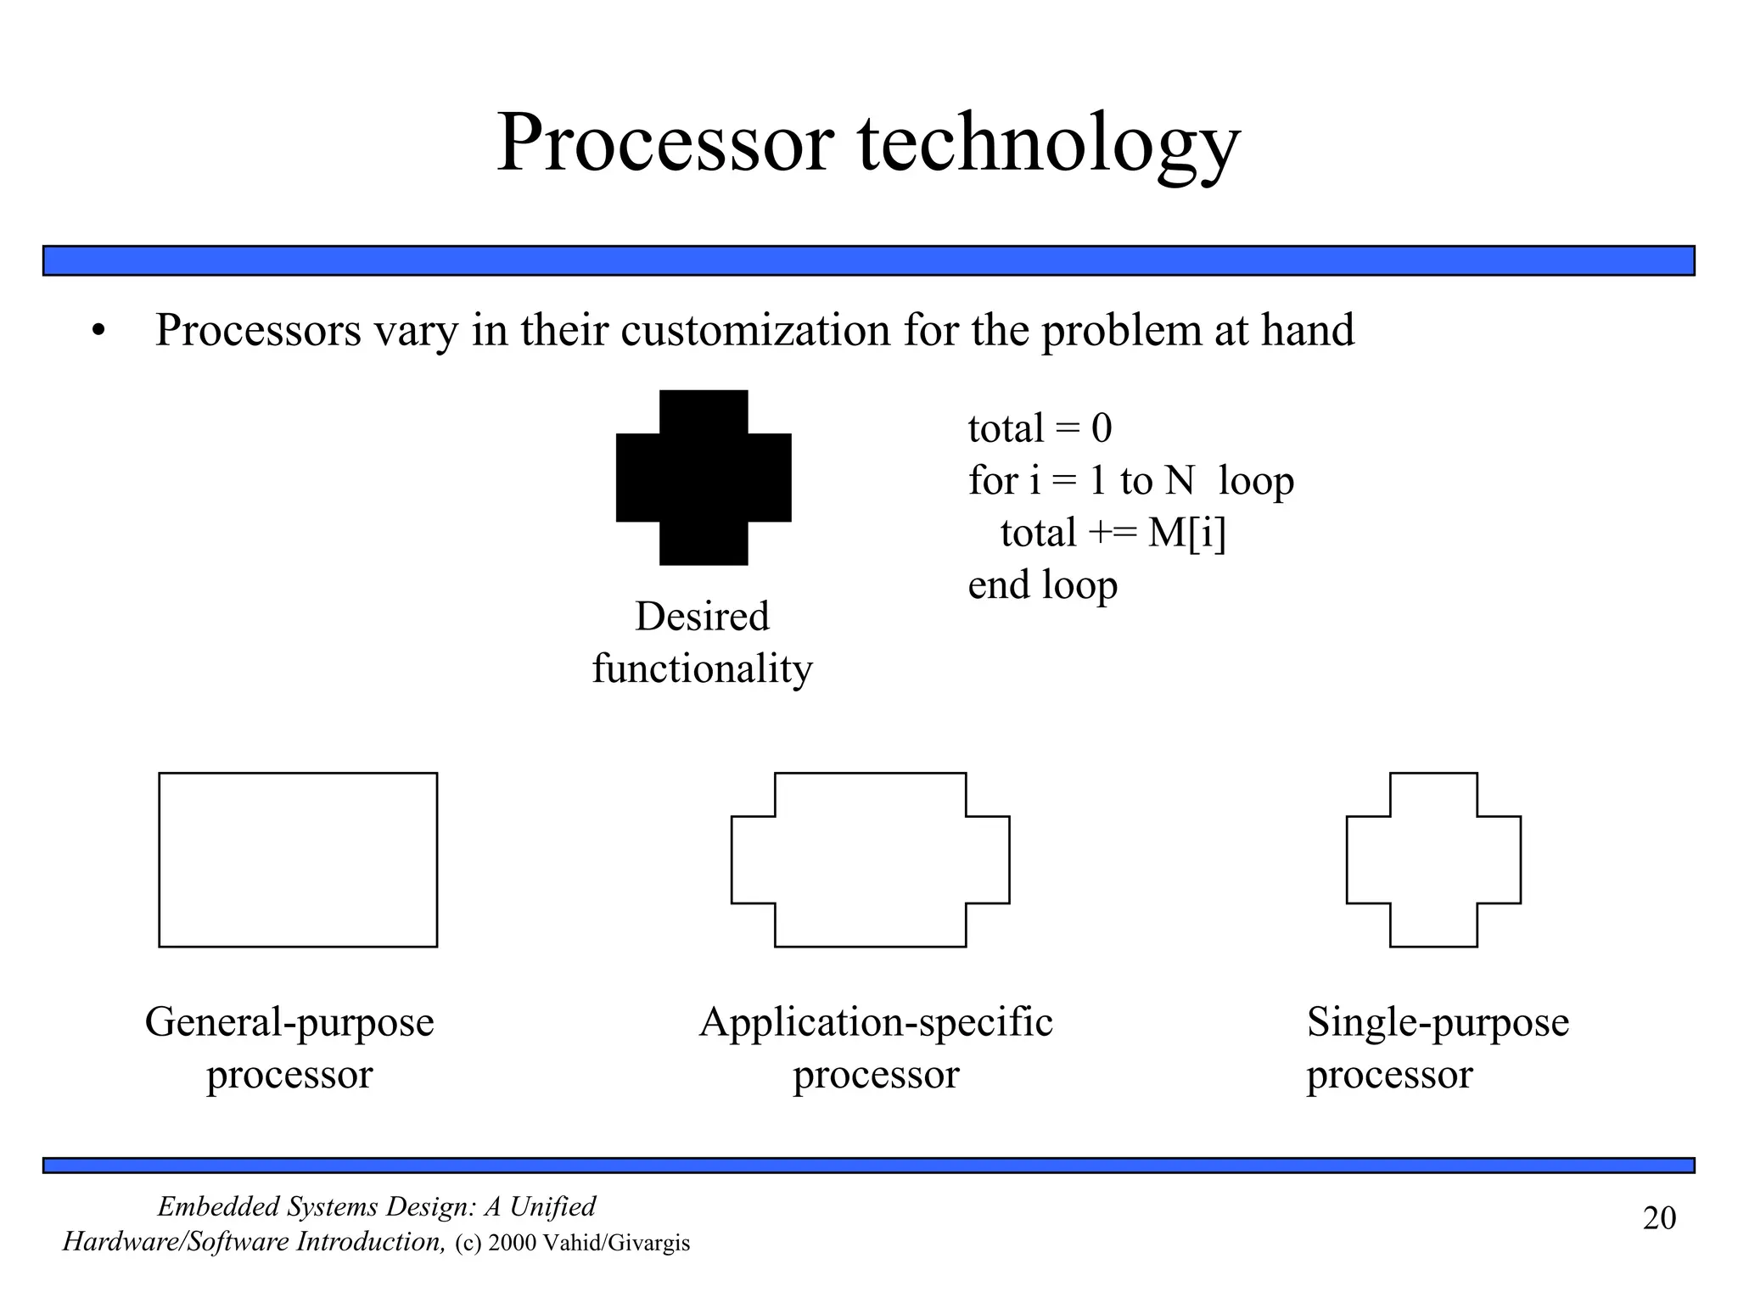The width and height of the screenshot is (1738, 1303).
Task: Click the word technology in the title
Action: (1049, 146)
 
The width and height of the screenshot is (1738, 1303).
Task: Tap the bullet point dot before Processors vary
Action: (99, 333)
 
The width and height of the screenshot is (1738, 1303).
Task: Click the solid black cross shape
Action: (704, 478)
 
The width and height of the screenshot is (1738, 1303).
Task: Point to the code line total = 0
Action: (1040, 428)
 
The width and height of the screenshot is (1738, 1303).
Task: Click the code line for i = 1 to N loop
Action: (1130, 481)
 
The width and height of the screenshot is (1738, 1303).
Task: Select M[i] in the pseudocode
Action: (1186, 534)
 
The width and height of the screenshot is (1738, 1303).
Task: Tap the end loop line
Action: (1042, 585)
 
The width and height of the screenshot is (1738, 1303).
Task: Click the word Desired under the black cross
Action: (702, 616)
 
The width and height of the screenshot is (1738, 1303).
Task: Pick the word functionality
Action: (702, 668)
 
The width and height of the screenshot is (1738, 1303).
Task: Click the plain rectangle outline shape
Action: (298, 859)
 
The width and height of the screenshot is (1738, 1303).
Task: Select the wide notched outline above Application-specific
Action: (870, 859)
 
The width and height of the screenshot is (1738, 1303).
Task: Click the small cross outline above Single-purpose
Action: (1433, 859)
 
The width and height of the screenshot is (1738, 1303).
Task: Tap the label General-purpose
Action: (289, 1022)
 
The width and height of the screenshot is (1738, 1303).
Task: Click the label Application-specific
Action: (876, 1022)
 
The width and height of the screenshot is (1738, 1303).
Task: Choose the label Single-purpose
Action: (1438, 1022)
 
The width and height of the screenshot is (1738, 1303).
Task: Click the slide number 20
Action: (1659, 1218)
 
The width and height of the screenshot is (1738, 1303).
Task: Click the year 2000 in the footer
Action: (513, 1244)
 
